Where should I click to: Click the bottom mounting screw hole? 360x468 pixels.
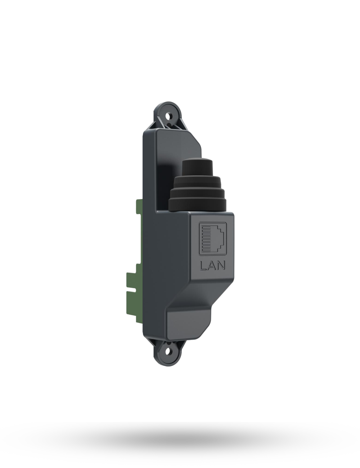pos(169,349)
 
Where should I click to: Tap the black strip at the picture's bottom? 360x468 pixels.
pos(180,445)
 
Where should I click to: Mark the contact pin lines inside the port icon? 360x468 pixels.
pos(207,240)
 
